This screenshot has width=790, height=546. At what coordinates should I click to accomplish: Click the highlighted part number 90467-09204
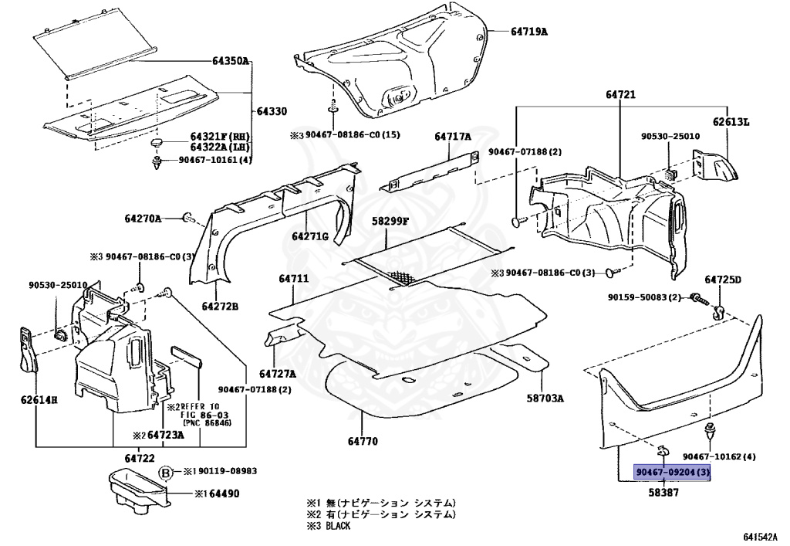(x=671, y=473)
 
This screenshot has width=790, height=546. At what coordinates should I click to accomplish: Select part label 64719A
(x=528, y=32)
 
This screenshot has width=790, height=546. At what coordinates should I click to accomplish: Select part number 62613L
(x=731, y=121)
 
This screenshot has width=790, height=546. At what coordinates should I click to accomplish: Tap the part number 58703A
(x=545, y=398)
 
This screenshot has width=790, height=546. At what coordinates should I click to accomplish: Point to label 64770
(x=363, y=442)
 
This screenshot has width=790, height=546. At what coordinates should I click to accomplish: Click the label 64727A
(x=278, y=373)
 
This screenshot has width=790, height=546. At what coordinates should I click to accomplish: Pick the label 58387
(x=663, y=491)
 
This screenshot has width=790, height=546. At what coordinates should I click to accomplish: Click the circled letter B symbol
(x=164, y=471)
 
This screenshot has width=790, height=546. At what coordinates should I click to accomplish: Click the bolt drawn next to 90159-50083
(x=696, y=297)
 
